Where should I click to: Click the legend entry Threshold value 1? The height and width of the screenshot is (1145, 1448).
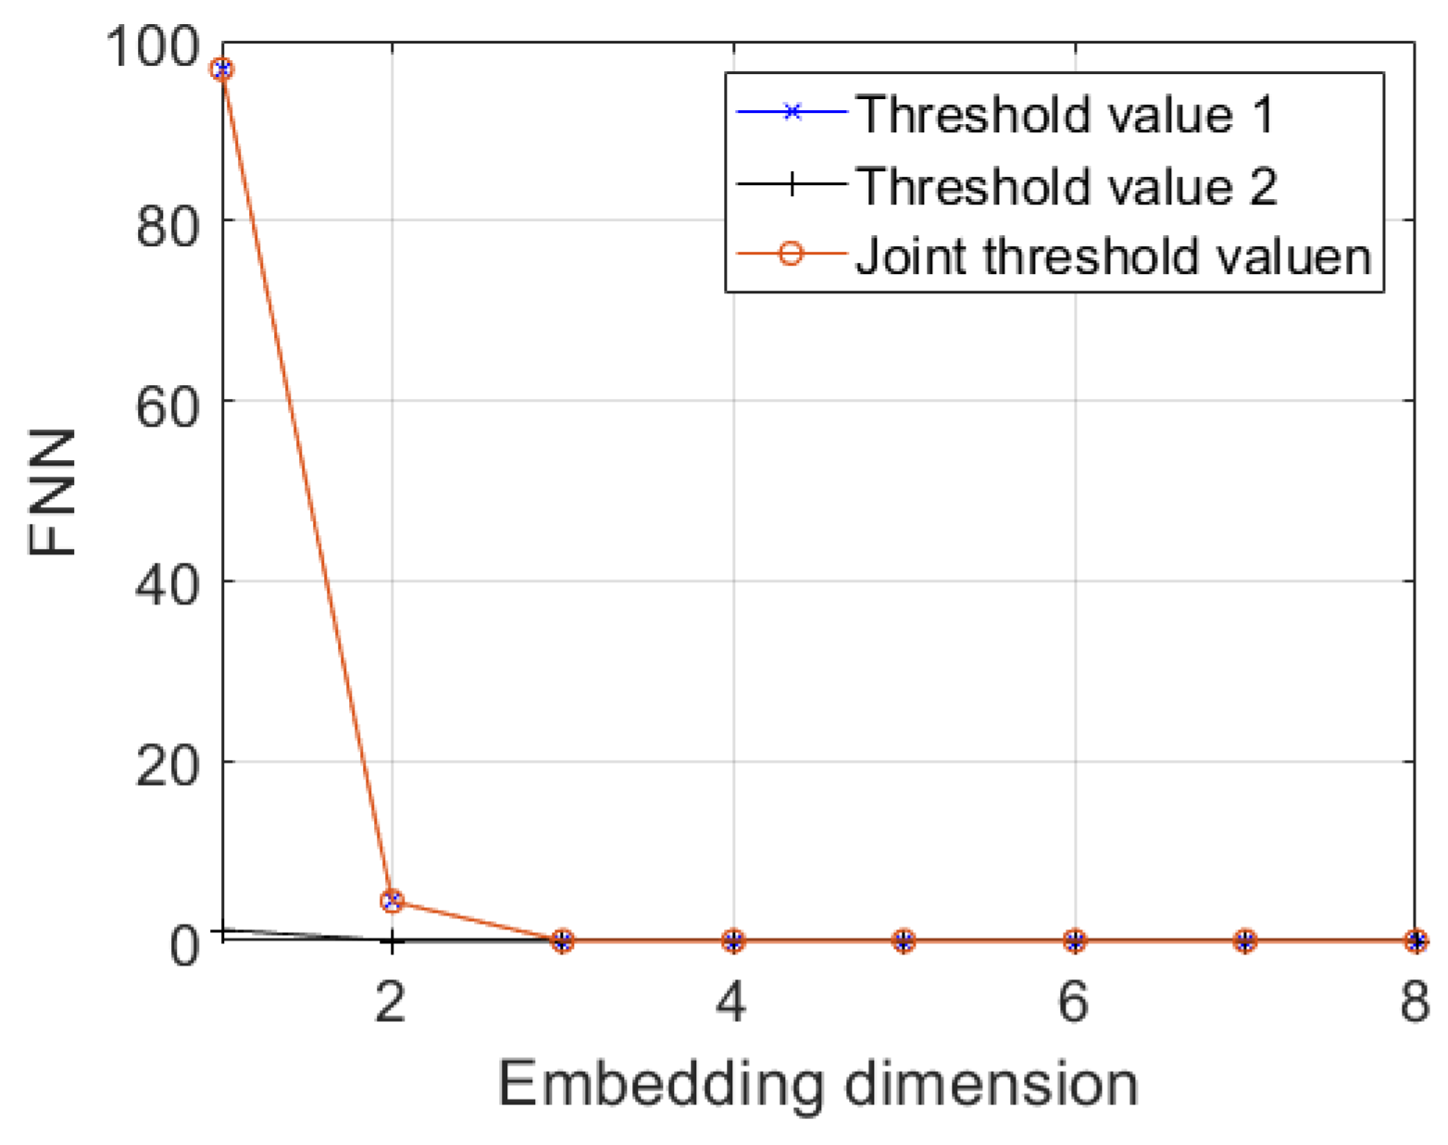(1065, 114)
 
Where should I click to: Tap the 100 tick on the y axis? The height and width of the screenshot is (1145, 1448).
(154, 46)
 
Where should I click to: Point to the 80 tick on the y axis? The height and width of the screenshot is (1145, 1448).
(168, 224)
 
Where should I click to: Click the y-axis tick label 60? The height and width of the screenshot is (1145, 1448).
(168, 404)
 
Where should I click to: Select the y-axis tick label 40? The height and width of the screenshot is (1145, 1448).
(168, 585)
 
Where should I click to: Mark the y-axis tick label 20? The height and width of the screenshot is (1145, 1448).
(168, 765)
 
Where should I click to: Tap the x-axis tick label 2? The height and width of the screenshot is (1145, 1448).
(391, 1002)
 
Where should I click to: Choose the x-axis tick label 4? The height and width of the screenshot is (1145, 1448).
(732, 1002)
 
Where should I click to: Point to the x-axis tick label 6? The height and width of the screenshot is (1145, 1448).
(1073, 1002)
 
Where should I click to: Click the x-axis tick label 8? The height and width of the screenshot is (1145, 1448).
(1414, 1002)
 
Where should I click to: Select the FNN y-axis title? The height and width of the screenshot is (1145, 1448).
(53, 492)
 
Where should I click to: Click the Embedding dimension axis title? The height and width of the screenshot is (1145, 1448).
(818, 1084)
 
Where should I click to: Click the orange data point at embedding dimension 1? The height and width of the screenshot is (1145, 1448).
(222, 69)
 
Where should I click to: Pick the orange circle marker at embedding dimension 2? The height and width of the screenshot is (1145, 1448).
(392, 901)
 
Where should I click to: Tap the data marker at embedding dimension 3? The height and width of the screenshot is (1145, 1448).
(562, 941)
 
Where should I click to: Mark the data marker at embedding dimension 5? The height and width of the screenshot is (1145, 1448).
(904, 941)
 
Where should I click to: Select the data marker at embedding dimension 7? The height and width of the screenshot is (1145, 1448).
(1245, 941)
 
